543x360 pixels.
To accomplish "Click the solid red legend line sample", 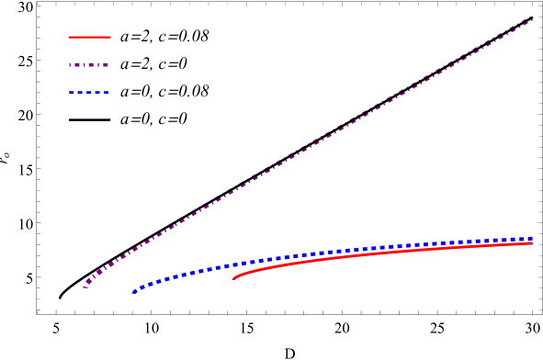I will coord(89,38).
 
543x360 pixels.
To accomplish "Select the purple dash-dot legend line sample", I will coord(89,65).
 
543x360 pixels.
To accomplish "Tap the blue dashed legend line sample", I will coord(89,93).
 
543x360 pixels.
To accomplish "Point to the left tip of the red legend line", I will coord(69,38).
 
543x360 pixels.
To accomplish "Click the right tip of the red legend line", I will coord(110,38).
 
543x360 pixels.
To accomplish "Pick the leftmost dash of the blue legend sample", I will coord(73,93).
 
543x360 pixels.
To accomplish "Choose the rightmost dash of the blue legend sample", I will coord(105,93).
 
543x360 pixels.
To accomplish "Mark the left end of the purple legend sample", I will coord(69,65).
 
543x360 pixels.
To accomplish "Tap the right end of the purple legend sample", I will coord(108,65).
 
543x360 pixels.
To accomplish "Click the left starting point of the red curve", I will coord(233,278).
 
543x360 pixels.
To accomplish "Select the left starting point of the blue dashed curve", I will coord(134,291).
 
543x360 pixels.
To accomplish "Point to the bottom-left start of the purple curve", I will coord(85,287).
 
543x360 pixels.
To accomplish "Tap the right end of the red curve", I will coord(532,243).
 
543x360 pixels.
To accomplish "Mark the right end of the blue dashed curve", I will coord(531,239).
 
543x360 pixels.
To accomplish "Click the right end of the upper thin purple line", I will coord(532,15).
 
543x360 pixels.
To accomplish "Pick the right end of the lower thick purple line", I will coord(532,19).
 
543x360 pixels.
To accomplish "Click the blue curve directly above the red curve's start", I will coord(233,264).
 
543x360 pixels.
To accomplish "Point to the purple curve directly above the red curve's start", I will coord(233,188).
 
